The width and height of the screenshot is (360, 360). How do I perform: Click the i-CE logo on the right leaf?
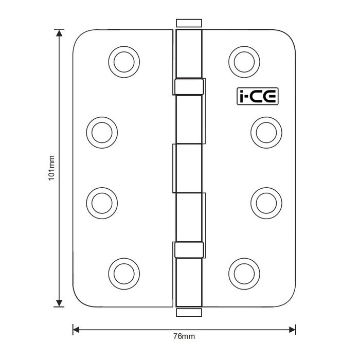(x=251, y=96)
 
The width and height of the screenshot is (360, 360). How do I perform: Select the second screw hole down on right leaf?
(x=264, y=131)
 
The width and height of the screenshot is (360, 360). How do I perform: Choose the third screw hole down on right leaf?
(x=264, y=201)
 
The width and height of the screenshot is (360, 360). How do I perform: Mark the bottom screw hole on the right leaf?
(x=241, y=271)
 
